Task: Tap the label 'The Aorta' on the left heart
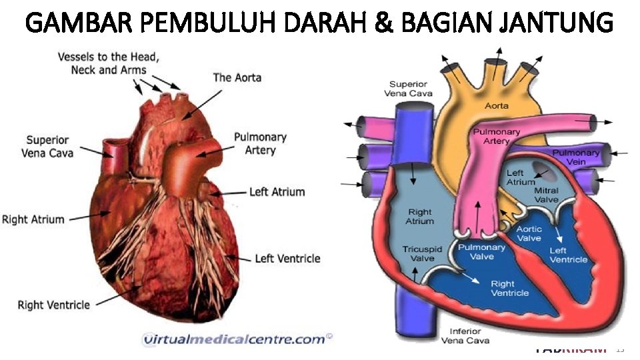(237, 77)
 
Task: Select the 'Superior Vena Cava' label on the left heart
(47, 147)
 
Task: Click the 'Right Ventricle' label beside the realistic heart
(53, 305)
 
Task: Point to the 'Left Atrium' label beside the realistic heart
(277, 192)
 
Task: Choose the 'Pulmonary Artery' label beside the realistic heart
(260, 143)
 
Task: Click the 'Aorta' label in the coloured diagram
(497, 105)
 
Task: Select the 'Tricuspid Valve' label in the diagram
(418, 254)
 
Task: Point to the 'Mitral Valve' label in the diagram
(546, 195)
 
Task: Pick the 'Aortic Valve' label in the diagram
(529, 233)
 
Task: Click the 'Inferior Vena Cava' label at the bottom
(465, 337)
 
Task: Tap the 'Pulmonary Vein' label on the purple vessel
(576, 157)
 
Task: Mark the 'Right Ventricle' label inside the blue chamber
(510, 288)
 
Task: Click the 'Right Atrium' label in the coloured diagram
(420, 217)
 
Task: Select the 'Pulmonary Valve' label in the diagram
(482, 252)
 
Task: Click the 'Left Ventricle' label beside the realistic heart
(287, 258)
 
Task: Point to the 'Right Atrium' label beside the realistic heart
(33, 219)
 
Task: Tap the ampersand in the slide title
(383, 23)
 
